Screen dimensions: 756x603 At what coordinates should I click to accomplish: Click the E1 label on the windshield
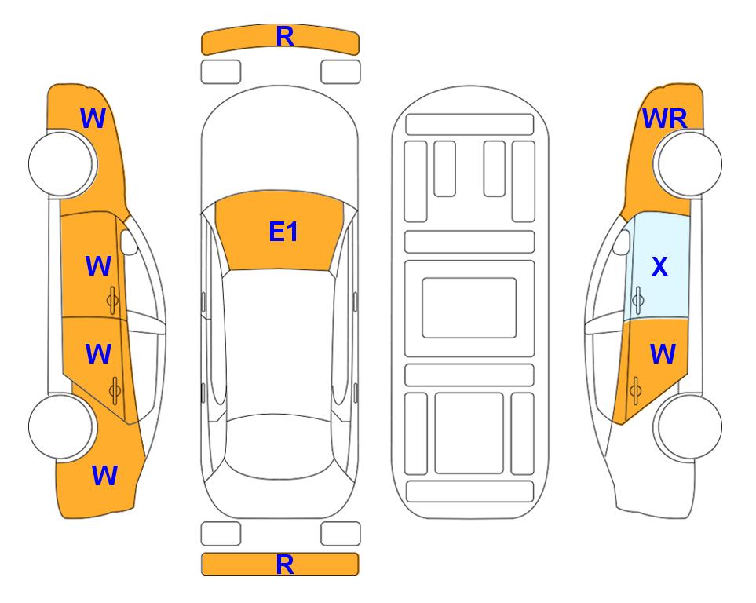283,232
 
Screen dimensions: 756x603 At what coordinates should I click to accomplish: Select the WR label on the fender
664,119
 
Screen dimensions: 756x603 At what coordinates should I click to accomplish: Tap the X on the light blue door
659,266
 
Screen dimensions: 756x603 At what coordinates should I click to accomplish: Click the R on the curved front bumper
285,36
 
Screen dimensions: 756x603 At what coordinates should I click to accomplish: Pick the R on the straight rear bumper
285,565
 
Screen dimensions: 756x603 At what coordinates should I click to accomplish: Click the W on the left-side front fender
93,119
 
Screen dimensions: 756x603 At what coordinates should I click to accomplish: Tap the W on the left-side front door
98,266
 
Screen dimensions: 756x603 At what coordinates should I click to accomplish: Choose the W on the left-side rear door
98,353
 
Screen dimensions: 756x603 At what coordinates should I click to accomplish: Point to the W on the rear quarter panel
104,476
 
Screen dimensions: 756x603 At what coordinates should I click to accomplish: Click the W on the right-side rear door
663,353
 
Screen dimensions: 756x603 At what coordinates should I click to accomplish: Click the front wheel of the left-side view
61,163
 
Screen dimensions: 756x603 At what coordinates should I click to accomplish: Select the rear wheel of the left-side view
61,426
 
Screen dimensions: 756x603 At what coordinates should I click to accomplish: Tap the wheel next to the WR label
689,163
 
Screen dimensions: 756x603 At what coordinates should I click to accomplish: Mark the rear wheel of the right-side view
689,426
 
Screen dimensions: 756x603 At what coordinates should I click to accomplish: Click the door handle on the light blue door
638,300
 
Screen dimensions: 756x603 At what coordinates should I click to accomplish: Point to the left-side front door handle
112,300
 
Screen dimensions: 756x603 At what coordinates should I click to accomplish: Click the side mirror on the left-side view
129,242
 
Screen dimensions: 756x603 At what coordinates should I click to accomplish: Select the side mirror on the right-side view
622,242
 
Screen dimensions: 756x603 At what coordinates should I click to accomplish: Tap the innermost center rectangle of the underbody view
469,308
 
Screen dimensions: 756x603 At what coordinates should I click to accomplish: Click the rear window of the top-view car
279,446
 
